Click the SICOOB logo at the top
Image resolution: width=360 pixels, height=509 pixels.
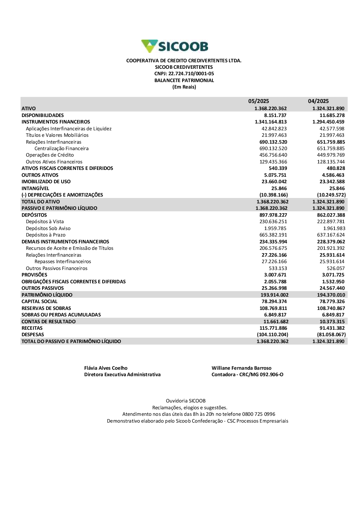(x=175, y=46)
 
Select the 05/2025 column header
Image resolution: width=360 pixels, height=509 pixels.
(x=258, y=101)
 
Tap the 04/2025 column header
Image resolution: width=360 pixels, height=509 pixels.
(x=318, y=101)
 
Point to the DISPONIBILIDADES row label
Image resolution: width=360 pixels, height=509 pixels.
(x=42, y=115)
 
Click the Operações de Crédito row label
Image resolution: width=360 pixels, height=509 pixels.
(x=50, y=155)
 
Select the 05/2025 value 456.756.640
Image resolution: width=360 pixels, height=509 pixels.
(x=273, y=155)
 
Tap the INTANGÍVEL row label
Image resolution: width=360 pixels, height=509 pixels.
(x=35, y=188)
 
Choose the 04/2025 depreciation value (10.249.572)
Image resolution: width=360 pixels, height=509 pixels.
(x=329, y=195)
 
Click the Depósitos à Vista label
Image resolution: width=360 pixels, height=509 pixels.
(x=45, y=222)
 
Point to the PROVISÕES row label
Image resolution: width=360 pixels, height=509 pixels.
(x=34, y=275)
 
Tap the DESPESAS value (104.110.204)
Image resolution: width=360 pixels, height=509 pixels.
(x=273, y=334)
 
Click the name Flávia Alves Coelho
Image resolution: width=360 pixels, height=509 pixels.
(x=106, y=368)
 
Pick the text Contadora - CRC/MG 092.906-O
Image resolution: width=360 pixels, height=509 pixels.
(x=247, y=374)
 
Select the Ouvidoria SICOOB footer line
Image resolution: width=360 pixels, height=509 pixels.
(x=186, y=401)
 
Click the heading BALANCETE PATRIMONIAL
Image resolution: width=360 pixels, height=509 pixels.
(x=184, y=80)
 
